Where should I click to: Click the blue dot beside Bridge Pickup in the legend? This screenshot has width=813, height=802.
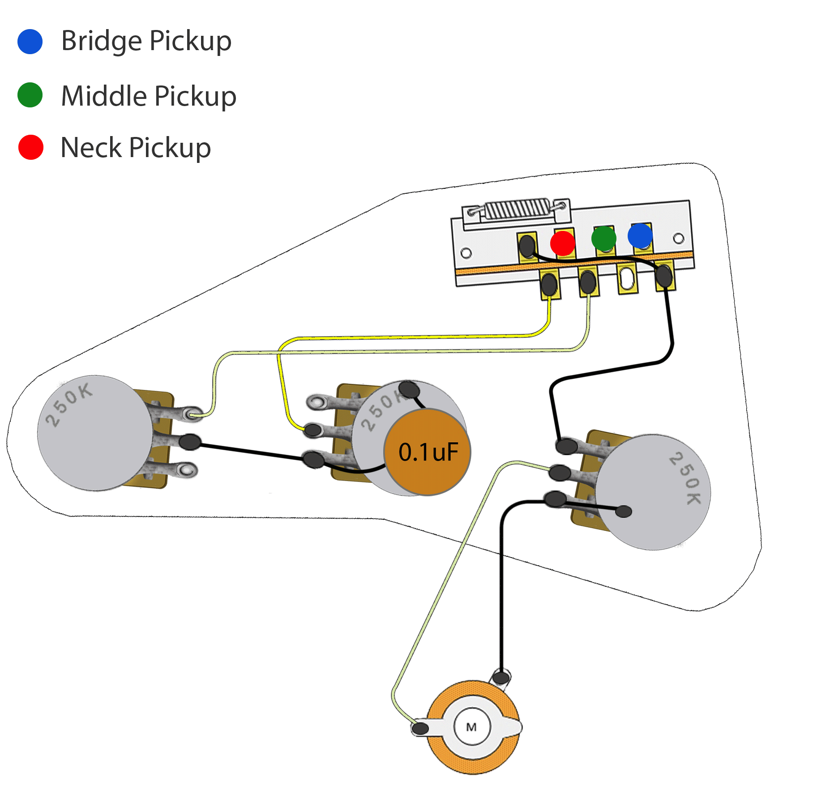coord(30,42)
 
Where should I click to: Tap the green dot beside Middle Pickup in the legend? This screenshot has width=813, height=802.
coord(30,95)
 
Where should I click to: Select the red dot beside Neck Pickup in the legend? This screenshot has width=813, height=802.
coord(31,147)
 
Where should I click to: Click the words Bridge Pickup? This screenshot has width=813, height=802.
coord(146,41)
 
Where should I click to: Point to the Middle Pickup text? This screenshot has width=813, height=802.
coord(149,96)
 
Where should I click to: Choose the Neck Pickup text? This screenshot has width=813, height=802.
coord(136,148)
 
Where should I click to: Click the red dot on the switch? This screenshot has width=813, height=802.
coord(563,243)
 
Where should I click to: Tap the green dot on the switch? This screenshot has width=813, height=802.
coord(604,238)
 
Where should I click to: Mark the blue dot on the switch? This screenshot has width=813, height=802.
coord(640,236)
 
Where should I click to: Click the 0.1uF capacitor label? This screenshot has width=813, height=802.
coord(428,452)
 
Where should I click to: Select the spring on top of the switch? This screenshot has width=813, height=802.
coord(517,209)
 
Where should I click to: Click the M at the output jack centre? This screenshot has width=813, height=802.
coord(471,727)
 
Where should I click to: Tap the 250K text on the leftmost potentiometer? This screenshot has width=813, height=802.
coord(69,405)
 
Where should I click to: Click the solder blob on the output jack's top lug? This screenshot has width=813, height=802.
coord(501,677)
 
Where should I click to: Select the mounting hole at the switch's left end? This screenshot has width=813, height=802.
coord(466,254)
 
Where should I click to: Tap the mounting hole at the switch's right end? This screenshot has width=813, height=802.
coord(679,239)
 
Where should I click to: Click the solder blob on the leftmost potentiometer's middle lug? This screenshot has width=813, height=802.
coord(190,442)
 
